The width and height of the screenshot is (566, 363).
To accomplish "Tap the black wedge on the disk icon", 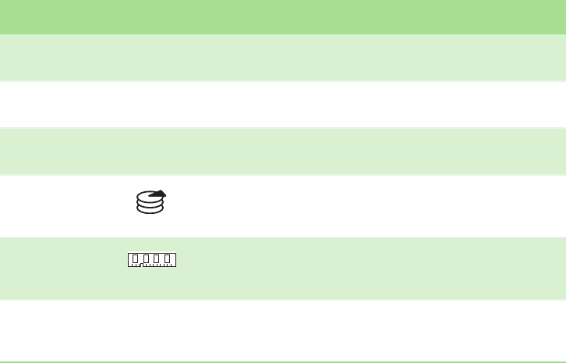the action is point(158,194).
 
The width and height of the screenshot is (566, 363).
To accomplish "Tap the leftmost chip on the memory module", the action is point(136,258).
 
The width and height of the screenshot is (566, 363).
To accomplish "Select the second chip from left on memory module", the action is point(146,258).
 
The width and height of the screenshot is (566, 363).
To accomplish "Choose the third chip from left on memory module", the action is point(157,258).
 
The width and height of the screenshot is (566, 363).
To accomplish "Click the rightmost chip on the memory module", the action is point(168,258).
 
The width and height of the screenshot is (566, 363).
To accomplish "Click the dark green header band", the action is point(283,16).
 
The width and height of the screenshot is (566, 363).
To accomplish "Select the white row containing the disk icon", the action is point(351,206).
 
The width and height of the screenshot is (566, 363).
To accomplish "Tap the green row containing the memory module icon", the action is point(351,269).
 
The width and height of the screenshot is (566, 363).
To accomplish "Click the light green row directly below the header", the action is point(283,58).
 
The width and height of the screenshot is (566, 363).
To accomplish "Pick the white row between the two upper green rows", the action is point(283,105).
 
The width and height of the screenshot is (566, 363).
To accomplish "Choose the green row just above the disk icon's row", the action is point(283,151).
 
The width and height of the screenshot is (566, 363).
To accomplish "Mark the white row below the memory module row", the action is point(283,330).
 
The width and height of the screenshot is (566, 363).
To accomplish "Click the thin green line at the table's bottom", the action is point(283,361).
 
